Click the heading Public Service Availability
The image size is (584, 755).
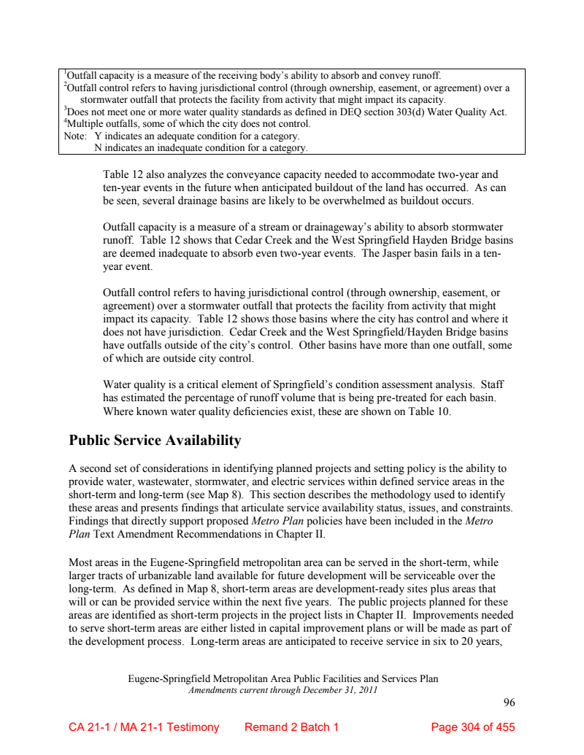(x=155, y=441)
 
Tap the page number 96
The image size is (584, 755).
(x=509, y=702)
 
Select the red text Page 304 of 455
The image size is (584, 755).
(x=473, y=727)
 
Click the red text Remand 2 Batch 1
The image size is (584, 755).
(x=291, y=727)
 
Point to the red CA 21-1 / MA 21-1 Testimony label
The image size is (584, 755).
(x=144, y=727)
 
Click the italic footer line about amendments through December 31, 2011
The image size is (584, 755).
(x=283, y=690)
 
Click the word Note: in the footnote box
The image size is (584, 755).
(x=75, y=136)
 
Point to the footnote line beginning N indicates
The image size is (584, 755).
(x=201, y=148)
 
